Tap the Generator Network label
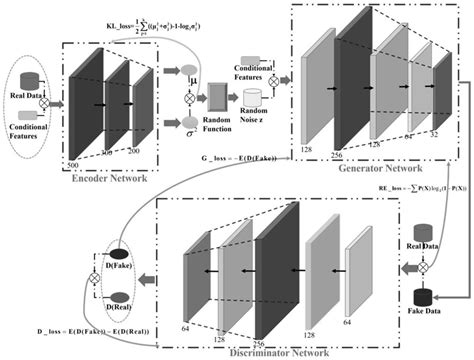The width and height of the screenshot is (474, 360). (377, 169)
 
